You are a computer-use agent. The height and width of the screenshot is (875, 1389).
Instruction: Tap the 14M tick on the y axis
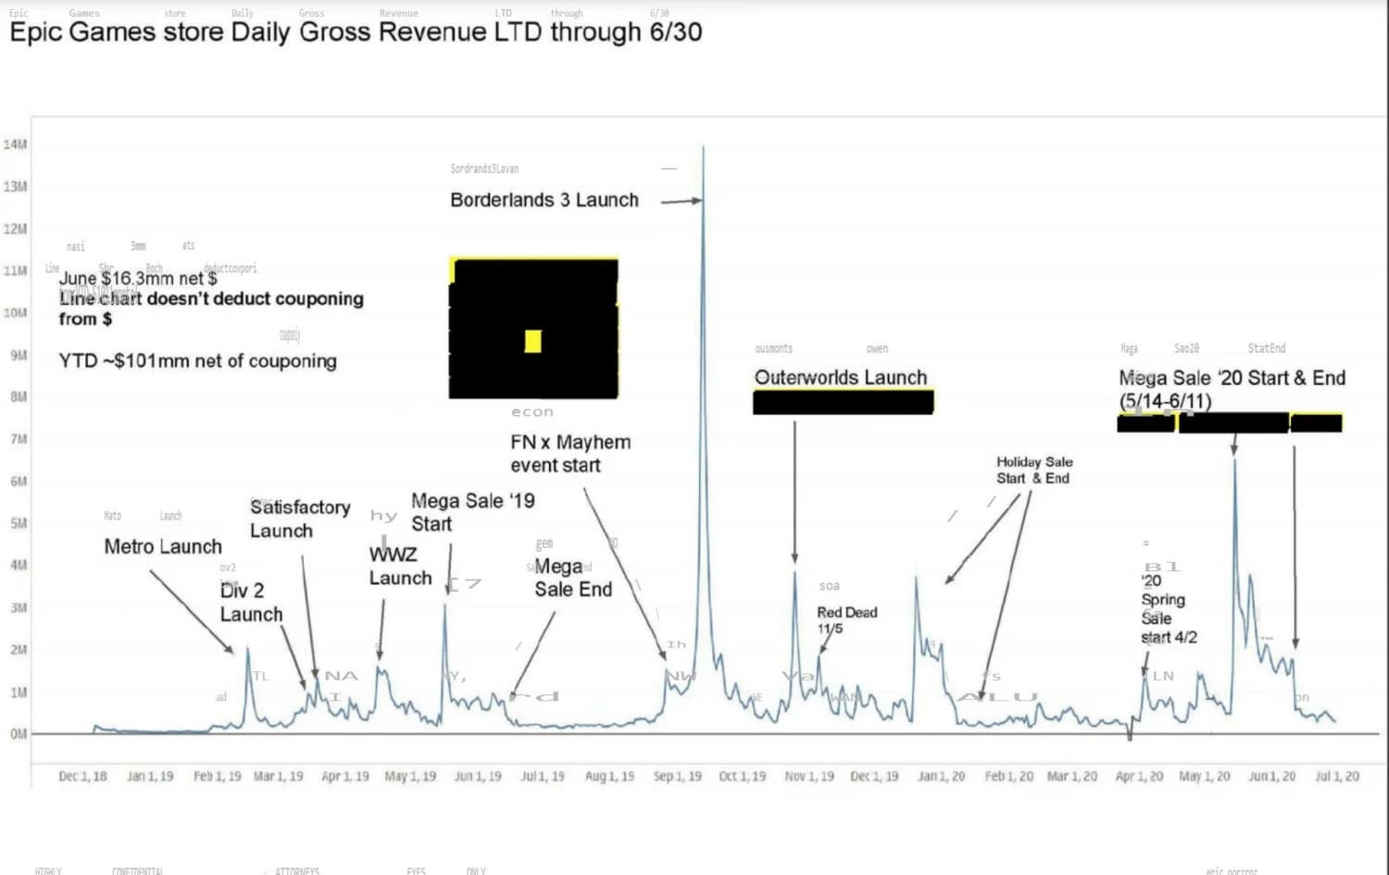point(16,144)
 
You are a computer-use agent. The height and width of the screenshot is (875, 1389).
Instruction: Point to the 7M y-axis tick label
point(19,439)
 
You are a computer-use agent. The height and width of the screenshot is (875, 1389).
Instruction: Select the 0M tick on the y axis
point(19,734)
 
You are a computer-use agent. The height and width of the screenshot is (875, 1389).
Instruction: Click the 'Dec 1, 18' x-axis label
point(82,776)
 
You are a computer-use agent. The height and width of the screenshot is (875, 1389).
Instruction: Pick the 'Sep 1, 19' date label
point(677,776)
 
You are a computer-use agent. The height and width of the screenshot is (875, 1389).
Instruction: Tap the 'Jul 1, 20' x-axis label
point(1337,776)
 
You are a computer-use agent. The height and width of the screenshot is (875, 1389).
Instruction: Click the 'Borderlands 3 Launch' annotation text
point(544,200)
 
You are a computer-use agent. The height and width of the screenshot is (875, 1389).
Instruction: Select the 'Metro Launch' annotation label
point(163,546)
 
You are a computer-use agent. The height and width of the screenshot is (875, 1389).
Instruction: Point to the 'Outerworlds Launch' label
point(840,378)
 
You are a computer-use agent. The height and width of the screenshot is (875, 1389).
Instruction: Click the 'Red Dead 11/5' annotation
point(846,620)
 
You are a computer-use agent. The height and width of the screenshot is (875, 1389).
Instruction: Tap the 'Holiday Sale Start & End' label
point(1033,470)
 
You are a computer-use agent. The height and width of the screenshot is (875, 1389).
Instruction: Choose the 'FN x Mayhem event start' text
point(569,454)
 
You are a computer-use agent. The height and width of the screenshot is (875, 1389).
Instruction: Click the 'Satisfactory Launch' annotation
point(299,519)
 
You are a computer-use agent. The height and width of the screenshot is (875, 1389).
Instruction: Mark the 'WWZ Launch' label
point(400,566)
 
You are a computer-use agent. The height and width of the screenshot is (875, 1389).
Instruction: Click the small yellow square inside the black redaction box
point(532,342)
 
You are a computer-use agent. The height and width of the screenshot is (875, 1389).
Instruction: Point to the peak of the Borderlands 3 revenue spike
point(703,147)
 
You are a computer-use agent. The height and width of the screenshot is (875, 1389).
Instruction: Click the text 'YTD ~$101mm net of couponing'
point(197,361)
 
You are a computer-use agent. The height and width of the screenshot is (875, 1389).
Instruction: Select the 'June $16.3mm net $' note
point(138,278)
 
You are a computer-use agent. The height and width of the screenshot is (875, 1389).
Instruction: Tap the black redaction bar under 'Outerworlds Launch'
point(843,402)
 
